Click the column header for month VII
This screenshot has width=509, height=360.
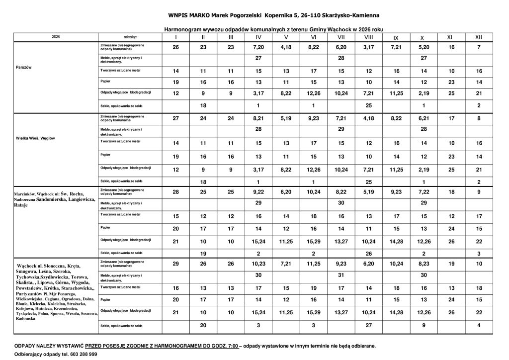[341, 37]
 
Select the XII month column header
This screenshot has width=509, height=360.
[478, 37]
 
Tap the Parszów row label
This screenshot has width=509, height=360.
[24, 68]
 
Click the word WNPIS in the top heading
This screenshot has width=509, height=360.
[179, 15]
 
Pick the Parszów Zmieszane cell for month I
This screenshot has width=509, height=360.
[175, 47]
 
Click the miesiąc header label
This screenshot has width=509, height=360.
[130, 37]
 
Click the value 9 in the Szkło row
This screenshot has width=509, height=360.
[422, 325]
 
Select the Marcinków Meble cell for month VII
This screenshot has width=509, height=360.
[341, 203]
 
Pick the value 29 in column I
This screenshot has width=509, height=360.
[175, 264]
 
